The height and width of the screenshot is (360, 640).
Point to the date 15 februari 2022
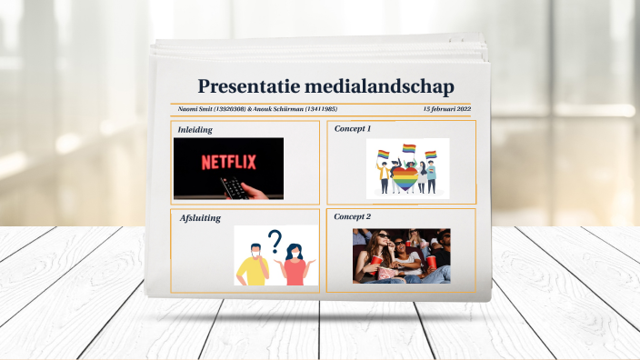pyautogui.click(x=446, y=109)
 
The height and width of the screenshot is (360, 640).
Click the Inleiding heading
pyautogui.click(x=195, y=130)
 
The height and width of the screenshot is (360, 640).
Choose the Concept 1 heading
pyautogui.click(x=353, y=129)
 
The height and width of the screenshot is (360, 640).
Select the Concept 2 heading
pyautogui.click(x=353, y=217)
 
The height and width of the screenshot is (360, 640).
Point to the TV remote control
pyautogui.click(x=235, y=188)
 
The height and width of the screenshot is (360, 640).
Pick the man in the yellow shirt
pyautogui.click(x=254, y=265)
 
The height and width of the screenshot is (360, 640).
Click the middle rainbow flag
pyautogui.click(x=409, y=148)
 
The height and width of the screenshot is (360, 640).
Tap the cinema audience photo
pyautogui.click(x=401, y=255)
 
